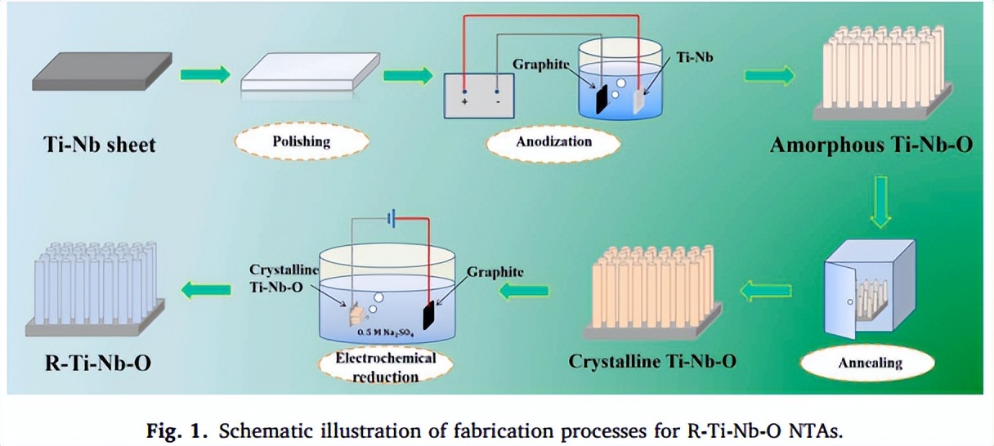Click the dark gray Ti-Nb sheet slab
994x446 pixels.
[101, 71]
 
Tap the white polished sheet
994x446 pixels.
[310, 73]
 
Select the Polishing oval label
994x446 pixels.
[302, 140]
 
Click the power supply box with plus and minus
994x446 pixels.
[481, 96]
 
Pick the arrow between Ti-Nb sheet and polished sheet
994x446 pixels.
[204, 75]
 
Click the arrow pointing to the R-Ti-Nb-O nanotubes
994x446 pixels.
[205, 288]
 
